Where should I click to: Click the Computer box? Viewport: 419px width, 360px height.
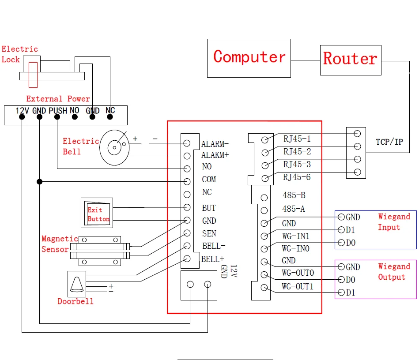click(249, 58)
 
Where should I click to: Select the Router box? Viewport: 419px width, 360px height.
click(350, 59)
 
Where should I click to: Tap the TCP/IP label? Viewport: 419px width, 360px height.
click(389, 142)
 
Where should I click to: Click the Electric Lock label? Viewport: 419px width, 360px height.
click(19, 54)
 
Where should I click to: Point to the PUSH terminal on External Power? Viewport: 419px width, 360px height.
click(57, 112)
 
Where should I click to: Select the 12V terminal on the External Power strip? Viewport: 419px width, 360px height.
click(22, 112)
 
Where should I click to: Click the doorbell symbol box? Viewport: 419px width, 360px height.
click(77, 284)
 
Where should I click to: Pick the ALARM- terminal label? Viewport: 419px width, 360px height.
click(215, 144)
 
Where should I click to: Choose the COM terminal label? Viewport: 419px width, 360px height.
click(209, 180)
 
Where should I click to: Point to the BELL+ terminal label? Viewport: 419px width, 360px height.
click(212, 259)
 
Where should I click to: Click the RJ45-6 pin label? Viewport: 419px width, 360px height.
click(297, 177)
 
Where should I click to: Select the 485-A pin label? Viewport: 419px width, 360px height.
click(294, 209)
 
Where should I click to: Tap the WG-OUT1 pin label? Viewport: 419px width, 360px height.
click(298, 287)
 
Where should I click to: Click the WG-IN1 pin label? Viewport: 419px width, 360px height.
click(296, 236)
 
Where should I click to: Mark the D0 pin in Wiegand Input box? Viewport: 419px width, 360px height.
click(351, 243)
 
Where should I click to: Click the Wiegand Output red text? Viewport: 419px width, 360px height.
click(394, 272)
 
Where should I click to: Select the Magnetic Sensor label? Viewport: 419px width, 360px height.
click(60, 244)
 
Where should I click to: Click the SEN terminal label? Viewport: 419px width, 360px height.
click(209, 233)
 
